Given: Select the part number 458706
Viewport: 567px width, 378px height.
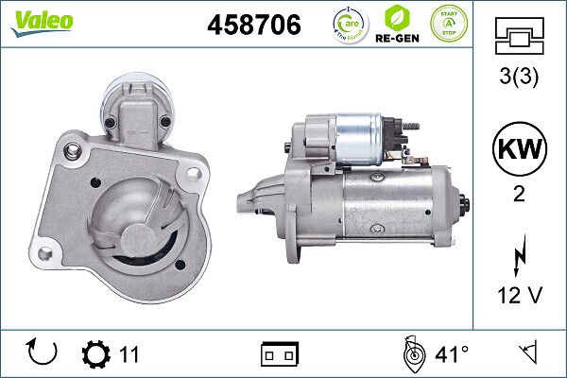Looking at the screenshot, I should click(253, 26).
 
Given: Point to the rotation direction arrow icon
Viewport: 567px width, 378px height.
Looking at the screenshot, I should click(43, 353).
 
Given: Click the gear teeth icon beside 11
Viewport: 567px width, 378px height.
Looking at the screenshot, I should click(96, 354).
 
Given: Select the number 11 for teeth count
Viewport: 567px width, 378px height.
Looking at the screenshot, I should click(129, 354).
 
